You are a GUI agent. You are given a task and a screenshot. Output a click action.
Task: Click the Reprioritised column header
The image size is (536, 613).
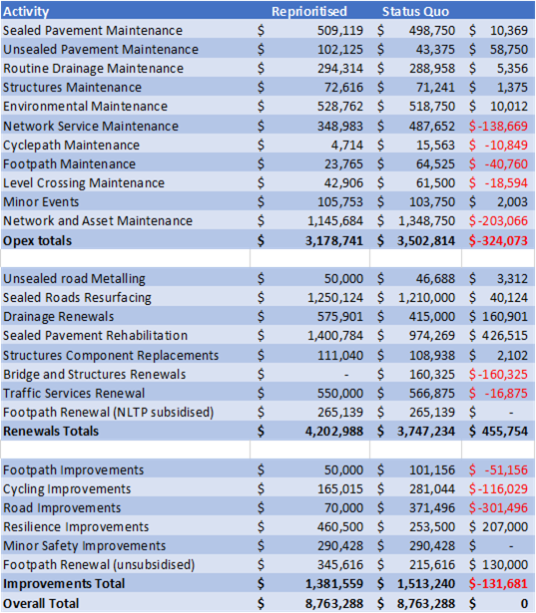click(308, 11)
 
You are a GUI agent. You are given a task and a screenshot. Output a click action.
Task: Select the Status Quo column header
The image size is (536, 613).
click(415, 11)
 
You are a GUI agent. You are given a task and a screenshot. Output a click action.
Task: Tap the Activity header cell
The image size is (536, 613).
click(26, 11)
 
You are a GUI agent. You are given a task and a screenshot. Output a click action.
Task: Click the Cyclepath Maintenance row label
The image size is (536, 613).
click(71, 146)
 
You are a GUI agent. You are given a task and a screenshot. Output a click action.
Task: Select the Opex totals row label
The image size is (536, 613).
click(38, 240)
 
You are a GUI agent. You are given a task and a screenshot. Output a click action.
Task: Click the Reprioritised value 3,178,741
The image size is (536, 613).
click(334, 240)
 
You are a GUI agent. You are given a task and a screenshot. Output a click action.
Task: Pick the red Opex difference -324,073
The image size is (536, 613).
click(498, 240)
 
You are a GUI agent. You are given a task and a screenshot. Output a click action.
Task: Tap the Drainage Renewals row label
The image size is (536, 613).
click(58, 316)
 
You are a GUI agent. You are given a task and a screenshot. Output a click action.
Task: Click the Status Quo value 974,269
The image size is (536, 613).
click(432, 336)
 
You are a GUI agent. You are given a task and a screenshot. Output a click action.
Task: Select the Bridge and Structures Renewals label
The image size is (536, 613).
click(95, 374)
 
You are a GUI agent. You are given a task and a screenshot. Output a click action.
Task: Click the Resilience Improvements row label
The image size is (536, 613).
click(76, 526)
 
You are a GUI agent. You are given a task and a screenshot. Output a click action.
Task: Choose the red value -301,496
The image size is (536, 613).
click(498, 507)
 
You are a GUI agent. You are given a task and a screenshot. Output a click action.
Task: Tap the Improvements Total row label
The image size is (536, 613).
click(64, 583)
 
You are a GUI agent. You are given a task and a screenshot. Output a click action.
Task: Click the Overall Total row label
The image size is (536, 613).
click(41, 603)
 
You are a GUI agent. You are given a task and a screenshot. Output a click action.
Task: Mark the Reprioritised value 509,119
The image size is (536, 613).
click(339, 31)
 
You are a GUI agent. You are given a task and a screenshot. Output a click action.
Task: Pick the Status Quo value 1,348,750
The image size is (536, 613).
click(426, 221)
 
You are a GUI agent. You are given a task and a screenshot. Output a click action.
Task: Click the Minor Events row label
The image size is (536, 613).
click(41, 201)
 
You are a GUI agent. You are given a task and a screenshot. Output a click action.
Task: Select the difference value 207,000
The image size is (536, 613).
click(505, 526)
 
